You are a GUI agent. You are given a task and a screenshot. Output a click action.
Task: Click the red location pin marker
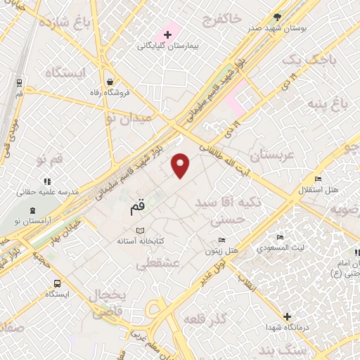(181, 165)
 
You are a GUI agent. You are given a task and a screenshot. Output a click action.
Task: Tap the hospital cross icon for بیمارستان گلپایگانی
(167, 34)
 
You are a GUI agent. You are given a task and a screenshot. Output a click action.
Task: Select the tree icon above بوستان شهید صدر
(280, 17)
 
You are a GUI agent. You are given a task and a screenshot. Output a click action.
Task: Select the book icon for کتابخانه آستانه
(140, 231)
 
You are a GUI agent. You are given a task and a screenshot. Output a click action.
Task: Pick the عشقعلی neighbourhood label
(160, 263)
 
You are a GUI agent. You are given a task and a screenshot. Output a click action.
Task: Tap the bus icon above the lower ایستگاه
(56, 283)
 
